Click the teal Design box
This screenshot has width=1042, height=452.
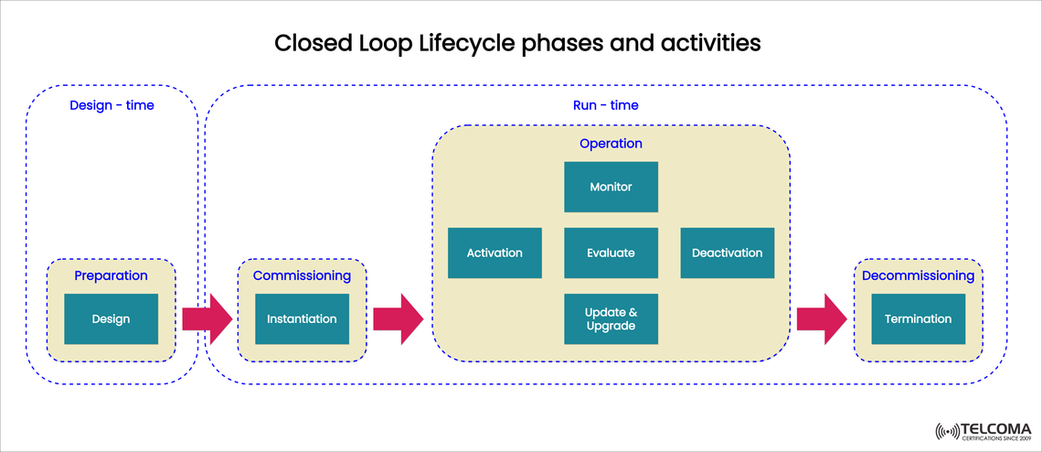click(111, 319)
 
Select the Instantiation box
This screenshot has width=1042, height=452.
click(302, 319)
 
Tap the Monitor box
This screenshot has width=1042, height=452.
click(611, 187)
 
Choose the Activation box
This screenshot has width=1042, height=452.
click(494, 253)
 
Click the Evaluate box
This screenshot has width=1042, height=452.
click(611, 253)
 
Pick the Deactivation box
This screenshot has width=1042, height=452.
click(727, 253)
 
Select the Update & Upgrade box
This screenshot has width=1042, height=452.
click(611, 319)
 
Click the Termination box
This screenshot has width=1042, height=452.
click(918, 319)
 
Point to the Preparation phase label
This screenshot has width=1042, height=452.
click(111, 275)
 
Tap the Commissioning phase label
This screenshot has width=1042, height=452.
click(302, 275)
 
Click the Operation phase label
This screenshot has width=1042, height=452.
click(611, 144)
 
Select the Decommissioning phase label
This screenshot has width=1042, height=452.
click(918, 275)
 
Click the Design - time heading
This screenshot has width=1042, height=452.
click(112, 105)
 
